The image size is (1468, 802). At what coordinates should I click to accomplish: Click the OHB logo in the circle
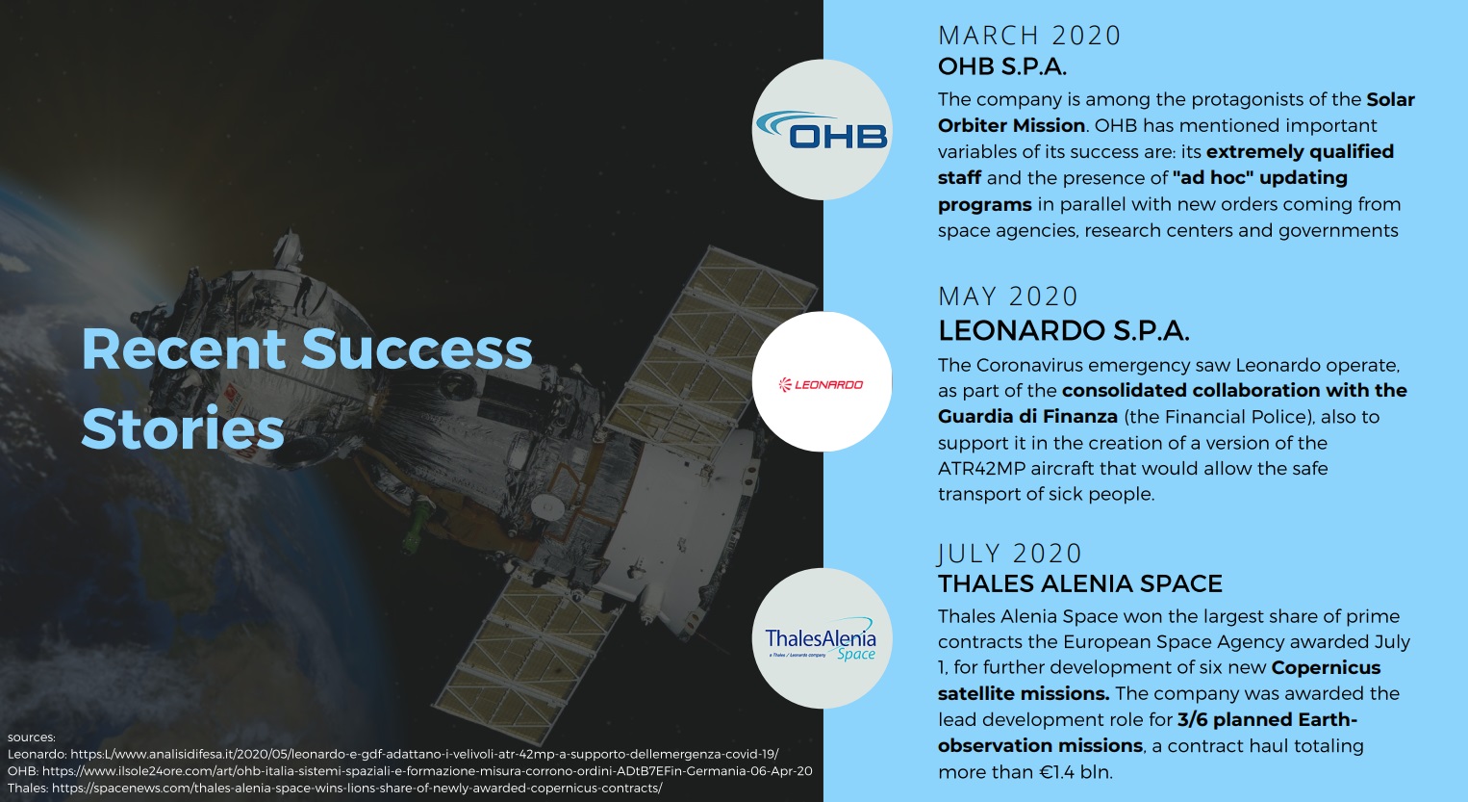[x=822, y=130]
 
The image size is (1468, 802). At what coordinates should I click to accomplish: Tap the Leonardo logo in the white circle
[x=822, y=384]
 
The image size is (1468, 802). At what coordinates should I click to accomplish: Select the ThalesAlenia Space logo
[x=821, y=639]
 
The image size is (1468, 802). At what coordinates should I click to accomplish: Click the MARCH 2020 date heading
[x=1029, y=36]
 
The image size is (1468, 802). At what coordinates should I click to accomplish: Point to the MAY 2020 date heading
[x=1008, y=297]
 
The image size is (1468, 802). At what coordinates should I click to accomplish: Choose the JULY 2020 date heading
[x=1009, y=554]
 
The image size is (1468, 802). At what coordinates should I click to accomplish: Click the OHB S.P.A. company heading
[x=1002, y=66]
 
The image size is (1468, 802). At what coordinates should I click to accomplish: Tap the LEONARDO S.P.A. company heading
[x=1063, y=330]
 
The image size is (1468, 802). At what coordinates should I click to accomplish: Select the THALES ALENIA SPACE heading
[x=1080, y=583]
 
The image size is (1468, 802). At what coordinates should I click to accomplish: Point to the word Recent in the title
[x=184, y=349]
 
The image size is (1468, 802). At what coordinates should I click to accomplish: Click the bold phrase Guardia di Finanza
[x=1027, y=417]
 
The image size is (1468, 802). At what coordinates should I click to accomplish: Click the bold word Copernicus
[x=1326, y=667]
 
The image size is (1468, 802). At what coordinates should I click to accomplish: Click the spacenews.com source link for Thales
[x=357, y=788]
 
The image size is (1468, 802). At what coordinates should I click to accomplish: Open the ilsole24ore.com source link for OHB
[x=427, y=770]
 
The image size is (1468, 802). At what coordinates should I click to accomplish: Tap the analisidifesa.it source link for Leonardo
[x=424, y=754]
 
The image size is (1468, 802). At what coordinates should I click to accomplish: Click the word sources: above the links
[x=32, y=737]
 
